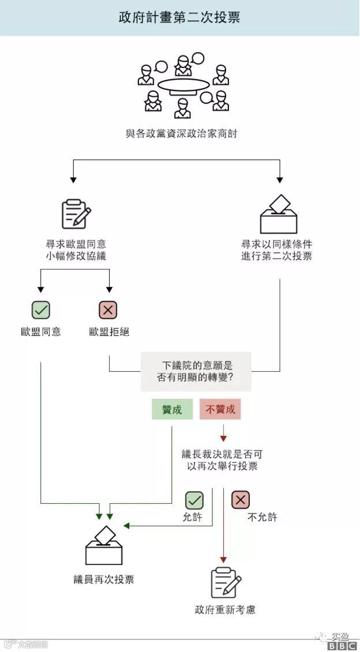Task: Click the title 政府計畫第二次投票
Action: click(x=179, y=17)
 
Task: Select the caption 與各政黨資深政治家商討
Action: click(x=181, y=134)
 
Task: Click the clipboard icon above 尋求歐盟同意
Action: click(x=76, y=214)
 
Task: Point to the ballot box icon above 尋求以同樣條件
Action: click(x=279, y=214)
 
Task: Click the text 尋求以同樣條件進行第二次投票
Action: click(x=277, y=250)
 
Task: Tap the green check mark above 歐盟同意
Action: click(x=40, y=310)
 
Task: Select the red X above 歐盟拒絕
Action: click(x=108, y=310)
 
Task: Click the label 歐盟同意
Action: click(x=40, y=331)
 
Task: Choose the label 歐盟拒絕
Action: click(x=109, y=331)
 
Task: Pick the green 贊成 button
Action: click(x=172, y=409)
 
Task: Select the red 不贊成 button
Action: click(x=220, y=409)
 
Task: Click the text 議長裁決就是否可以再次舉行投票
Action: click(x=222, y=459)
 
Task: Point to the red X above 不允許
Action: click(x=241, y=499)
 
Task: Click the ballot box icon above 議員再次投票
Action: click(x=104, y=546)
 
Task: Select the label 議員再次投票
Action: click(x=104, y=579)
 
